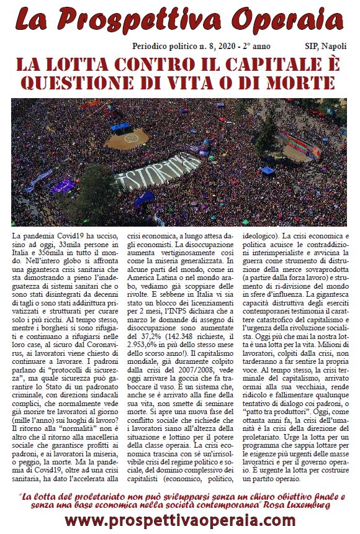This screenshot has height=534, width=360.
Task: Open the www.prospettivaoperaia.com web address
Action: coord(180,520)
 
